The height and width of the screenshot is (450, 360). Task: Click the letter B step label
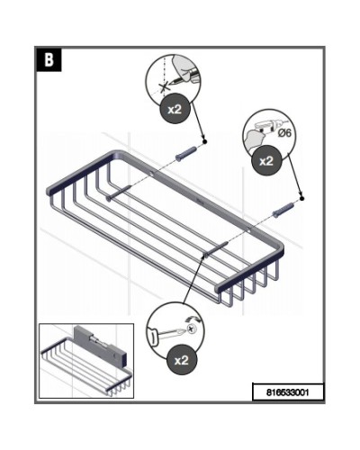pyautogui.click(x=49, y=60)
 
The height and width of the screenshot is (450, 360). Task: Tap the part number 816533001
pyautogui.click(x=288, y=392)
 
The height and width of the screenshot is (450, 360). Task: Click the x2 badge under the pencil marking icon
pyautogui.click(x=175, y=109)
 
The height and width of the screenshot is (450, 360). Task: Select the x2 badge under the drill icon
pyautogui.click(x=266, y=161)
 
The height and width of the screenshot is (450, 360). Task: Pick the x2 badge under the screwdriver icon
pyautogui.click(x=182, y=360)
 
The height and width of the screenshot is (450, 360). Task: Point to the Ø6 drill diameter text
pyautogui.click(x=284, y=133)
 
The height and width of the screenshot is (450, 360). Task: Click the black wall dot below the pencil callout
pyautogui.click(x=204, y=141)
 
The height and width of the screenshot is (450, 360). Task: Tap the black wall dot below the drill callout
pyautogui.click(x=301, y=198)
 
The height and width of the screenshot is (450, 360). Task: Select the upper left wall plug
pyautogui.click(x=186, y=154)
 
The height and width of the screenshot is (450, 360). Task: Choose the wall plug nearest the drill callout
pyautogui.click(x=283, y=210)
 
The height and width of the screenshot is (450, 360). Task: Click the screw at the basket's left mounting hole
pyautogui.click(x=118, y=193)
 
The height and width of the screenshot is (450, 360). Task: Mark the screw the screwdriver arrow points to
pyautogui.click(x=216, y=249)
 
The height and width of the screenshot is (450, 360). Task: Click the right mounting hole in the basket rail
pyautogui.click(x=251, y=231)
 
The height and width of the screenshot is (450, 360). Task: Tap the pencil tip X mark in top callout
pyautogui.click(x=164, y=87)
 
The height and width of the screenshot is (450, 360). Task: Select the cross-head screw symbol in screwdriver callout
pyautogui.click(x=191, y=329)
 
